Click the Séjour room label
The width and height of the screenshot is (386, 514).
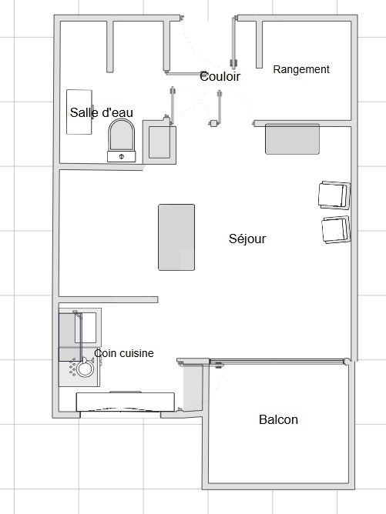pos(247,239)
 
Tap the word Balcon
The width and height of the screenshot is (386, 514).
pos(278,419)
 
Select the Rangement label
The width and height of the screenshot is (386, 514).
pos(301,69)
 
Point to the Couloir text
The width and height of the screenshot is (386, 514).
pos(220,76)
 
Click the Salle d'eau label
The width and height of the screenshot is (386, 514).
pos(102,113)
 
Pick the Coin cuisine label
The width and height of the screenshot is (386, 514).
pos(124,353)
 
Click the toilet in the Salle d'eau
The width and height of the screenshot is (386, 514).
pos(122,140)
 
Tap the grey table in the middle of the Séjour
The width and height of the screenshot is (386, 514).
pos(176,237)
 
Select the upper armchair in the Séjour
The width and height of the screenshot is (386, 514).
pos(334,195)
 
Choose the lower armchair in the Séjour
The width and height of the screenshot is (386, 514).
pos(336,229)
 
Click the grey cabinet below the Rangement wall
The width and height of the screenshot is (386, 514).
pos(292,139)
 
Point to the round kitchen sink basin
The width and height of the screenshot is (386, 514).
pos(85,369)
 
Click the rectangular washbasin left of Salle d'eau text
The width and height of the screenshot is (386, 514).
pos(79,112)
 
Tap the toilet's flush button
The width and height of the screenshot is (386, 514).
pos(122,156)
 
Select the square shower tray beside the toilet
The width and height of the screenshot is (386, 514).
pos(160,142)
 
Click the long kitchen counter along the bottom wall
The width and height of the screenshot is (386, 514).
pos(126,402)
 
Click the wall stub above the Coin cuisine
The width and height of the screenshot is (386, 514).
pos(108,299)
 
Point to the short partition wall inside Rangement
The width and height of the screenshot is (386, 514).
pos(259,45)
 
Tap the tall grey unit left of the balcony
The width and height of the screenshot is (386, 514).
pos(193,388)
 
